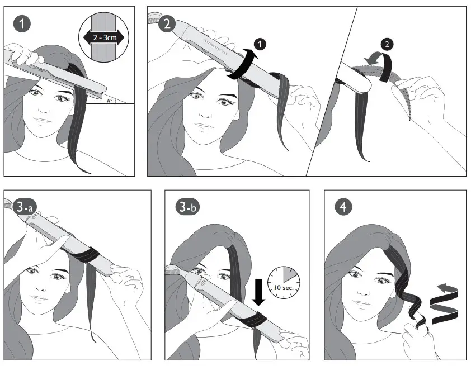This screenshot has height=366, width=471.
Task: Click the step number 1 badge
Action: [x=21, y=24]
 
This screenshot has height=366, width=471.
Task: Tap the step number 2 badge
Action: [x=166, y=24]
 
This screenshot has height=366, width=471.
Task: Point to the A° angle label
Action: [x=110, y=101]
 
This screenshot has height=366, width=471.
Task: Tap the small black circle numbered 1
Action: [x=258, y=44]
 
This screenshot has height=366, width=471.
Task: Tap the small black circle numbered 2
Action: [x=387, y=45]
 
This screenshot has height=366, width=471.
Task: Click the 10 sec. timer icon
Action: [x=283, y=282]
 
